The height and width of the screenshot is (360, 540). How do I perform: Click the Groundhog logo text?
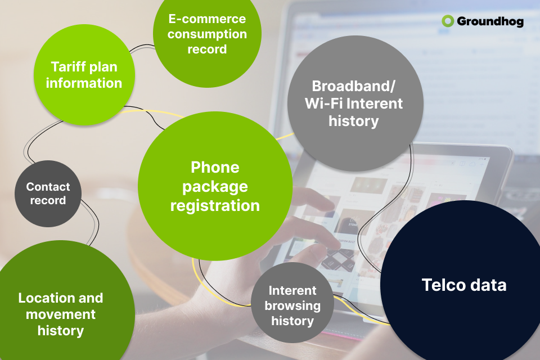click(x=490, y=21)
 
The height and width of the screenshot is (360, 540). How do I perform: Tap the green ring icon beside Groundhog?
click(x=448, y=21)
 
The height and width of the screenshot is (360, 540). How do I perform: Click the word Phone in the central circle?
click(x=215, y=168)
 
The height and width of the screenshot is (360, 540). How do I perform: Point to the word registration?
click(x=215, y=206)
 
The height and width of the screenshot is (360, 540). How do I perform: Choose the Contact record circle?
click(x=48, y=193)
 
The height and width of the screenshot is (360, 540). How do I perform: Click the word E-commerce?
click(x=207, y=19)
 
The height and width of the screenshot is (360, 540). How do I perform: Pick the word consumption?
click(x=207, y=34)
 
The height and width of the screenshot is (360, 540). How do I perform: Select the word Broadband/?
click(x=353, y=86)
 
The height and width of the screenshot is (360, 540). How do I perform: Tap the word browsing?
click(x=292, y=306)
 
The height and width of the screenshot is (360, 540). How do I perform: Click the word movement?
click(x=61, y=314)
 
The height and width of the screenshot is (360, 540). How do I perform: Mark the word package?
click(x=215, y=187)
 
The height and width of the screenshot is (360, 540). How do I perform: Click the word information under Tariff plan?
click(x=84, y=83)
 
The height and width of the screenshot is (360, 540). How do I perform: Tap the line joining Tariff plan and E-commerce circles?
click(x=142, y=47)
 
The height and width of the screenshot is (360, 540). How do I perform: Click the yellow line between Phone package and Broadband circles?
click(x=285, y=137)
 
